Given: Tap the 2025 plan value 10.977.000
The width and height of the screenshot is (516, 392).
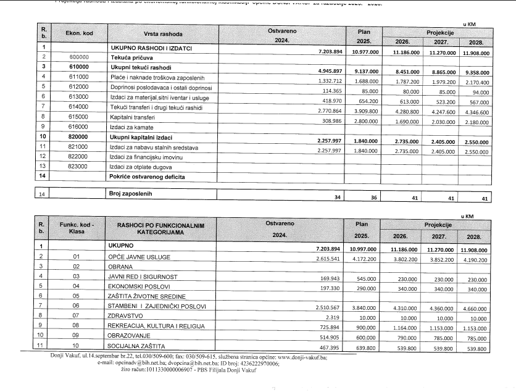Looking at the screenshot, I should (x=359, y=54).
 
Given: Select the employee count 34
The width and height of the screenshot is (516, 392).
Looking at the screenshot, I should (x=337, y=198).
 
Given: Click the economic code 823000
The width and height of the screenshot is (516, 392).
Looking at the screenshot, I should (x=78, y=166).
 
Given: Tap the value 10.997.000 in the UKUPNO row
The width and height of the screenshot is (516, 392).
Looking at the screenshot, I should (x=359, y=248).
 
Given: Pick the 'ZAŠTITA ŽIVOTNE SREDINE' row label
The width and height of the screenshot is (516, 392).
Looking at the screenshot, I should (x=144, y=295).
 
